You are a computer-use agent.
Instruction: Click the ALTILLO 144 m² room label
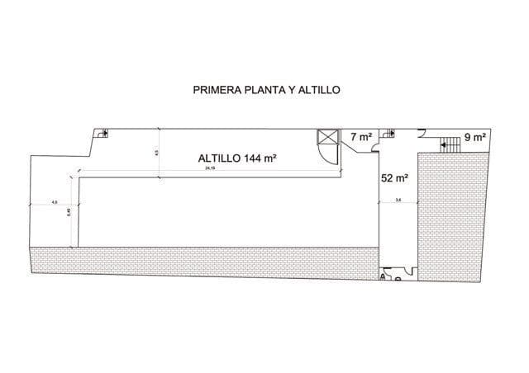pos(236,160)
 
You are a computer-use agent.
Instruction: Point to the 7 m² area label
pos(361,137)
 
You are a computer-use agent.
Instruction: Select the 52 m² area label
pos(393,177)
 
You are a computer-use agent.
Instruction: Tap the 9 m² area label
pos(474,138)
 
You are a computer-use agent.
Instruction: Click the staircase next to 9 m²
pos(450,144)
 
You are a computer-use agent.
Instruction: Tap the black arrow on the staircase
pos(446,144)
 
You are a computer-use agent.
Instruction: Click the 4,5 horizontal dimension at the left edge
pos(54,201)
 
